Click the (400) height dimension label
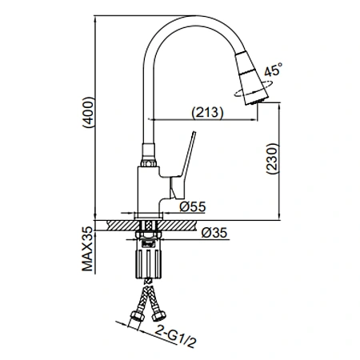(88, 112)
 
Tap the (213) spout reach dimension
(207, 112)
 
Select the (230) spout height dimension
(272, 159)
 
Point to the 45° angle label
(273, 69)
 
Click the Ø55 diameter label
(193, 206)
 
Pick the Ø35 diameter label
(214, 233)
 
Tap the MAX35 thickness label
(87, 249)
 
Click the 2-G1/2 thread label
(175, 336)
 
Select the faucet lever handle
(182, 166)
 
